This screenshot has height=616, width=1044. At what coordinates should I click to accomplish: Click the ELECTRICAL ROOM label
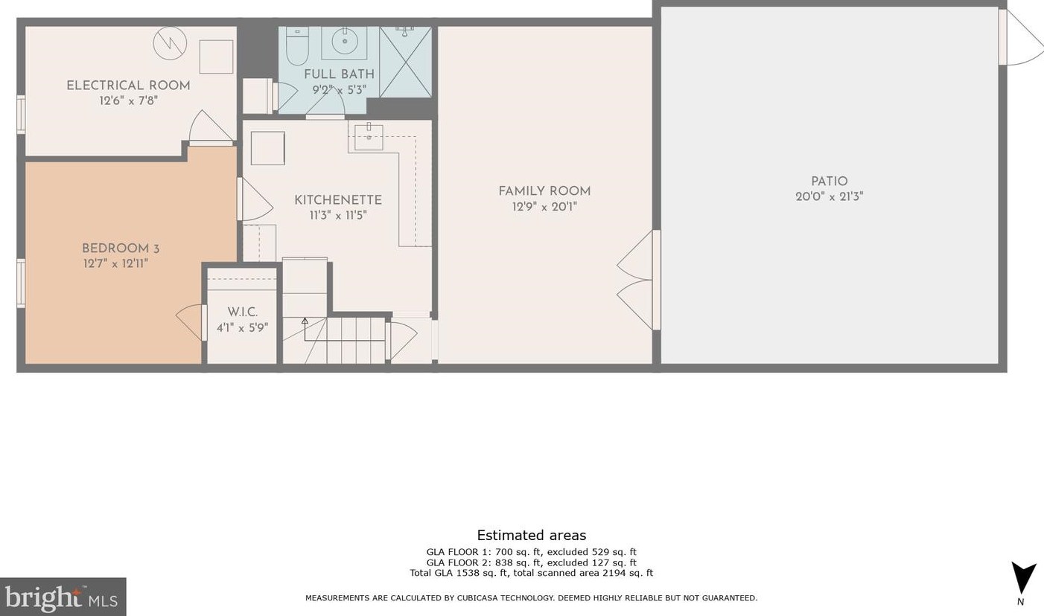pos(128,86)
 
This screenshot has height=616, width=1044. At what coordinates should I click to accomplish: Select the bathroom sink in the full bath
pos(344,42)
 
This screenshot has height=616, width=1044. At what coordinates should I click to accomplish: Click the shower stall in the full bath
pos(405,62)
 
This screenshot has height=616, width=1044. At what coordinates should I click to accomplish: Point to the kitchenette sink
pos(369,137)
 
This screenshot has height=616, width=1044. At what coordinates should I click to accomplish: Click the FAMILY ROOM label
pos(544,191)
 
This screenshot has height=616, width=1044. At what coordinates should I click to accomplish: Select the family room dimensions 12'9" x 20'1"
pos(544,207)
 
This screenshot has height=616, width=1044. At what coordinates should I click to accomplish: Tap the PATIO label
pos(829,182)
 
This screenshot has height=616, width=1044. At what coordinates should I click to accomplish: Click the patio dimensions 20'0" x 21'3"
pos(829,197)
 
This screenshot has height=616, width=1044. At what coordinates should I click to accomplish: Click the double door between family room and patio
pos(637,280)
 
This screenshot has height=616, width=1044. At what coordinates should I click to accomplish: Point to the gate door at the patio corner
pos(1022,38)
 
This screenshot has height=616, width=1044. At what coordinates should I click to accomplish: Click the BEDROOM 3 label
pos(121,248)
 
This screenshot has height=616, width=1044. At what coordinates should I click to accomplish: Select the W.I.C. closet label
pos(242,312)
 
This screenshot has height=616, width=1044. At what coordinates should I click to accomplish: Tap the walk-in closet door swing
pos(191,322)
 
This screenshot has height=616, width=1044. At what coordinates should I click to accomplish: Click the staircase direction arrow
pos(305,322)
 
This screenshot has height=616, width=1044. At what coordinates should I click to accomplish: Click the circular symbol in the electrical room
pos(170,43)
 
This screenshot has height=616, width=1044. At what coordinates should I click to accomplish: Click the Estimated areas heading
pos(531,536)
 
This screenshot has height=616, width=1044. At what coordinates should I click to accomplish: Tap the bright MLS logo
pos(63,597)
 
